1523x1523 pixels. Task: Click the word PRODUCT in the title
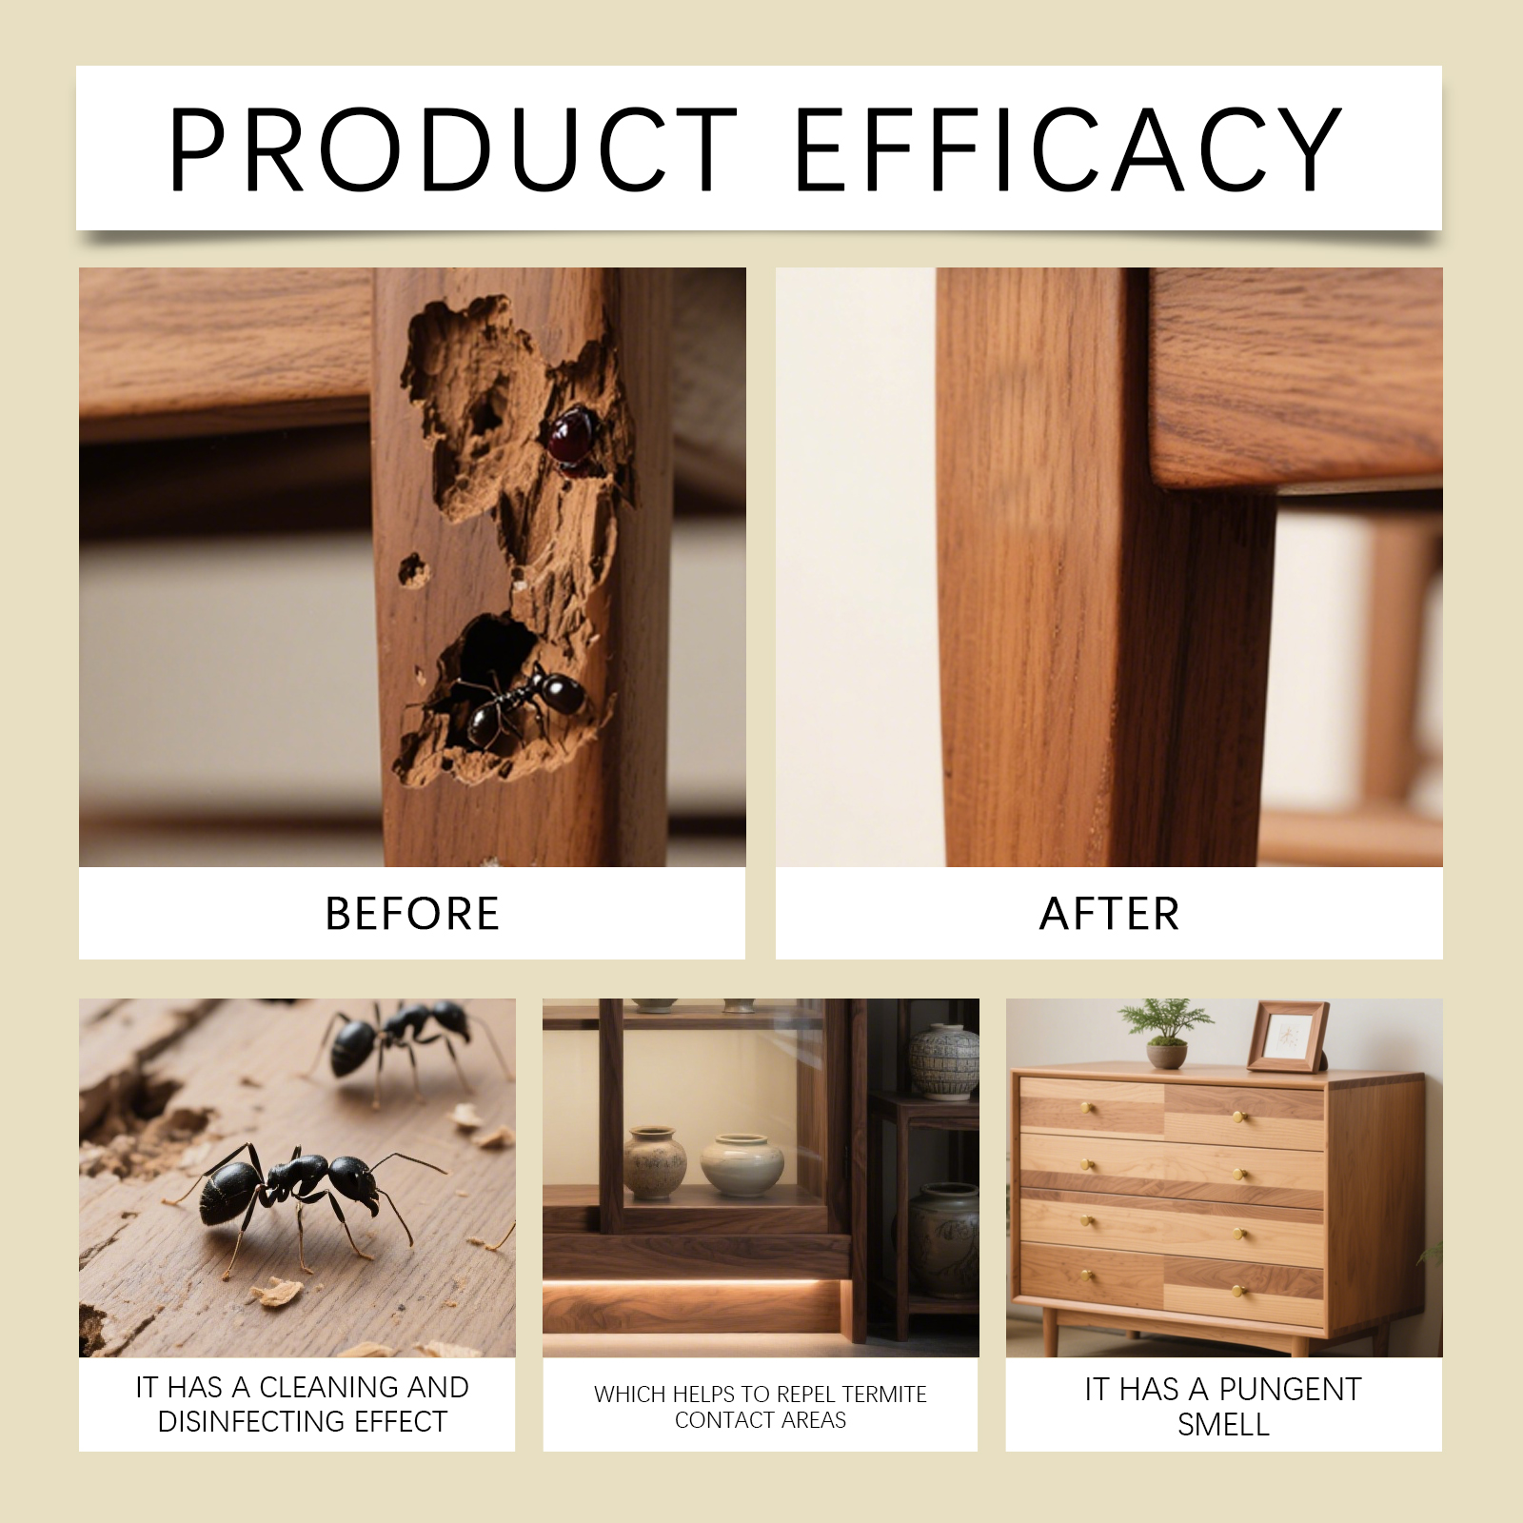click(453, 149)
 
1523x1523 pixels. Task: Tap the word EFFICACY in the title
click(1067, 149)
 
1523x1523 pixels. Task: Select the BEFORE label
click(412, 914)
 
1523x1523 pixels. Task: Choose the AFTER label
click(1110, 914)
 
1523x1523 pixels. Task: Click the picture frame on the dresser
click(1288, 1037)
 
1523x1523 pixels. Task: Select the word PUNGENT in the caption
click(1290, 1390)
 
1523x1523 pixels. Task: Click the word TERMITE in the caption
click(884, 1394)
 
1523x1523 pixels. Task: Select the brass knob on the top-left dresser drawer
click(1086, 1107)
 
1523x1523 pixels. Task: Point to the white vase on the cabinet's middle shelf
click(742, 1164)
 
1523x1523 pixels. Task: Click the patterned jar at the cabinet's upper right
click(943, 1061)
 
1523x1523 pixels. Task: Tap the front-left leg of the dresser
click(1051, 1334)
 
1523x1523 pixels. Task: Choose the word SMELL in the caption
click(1223, 1425)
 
